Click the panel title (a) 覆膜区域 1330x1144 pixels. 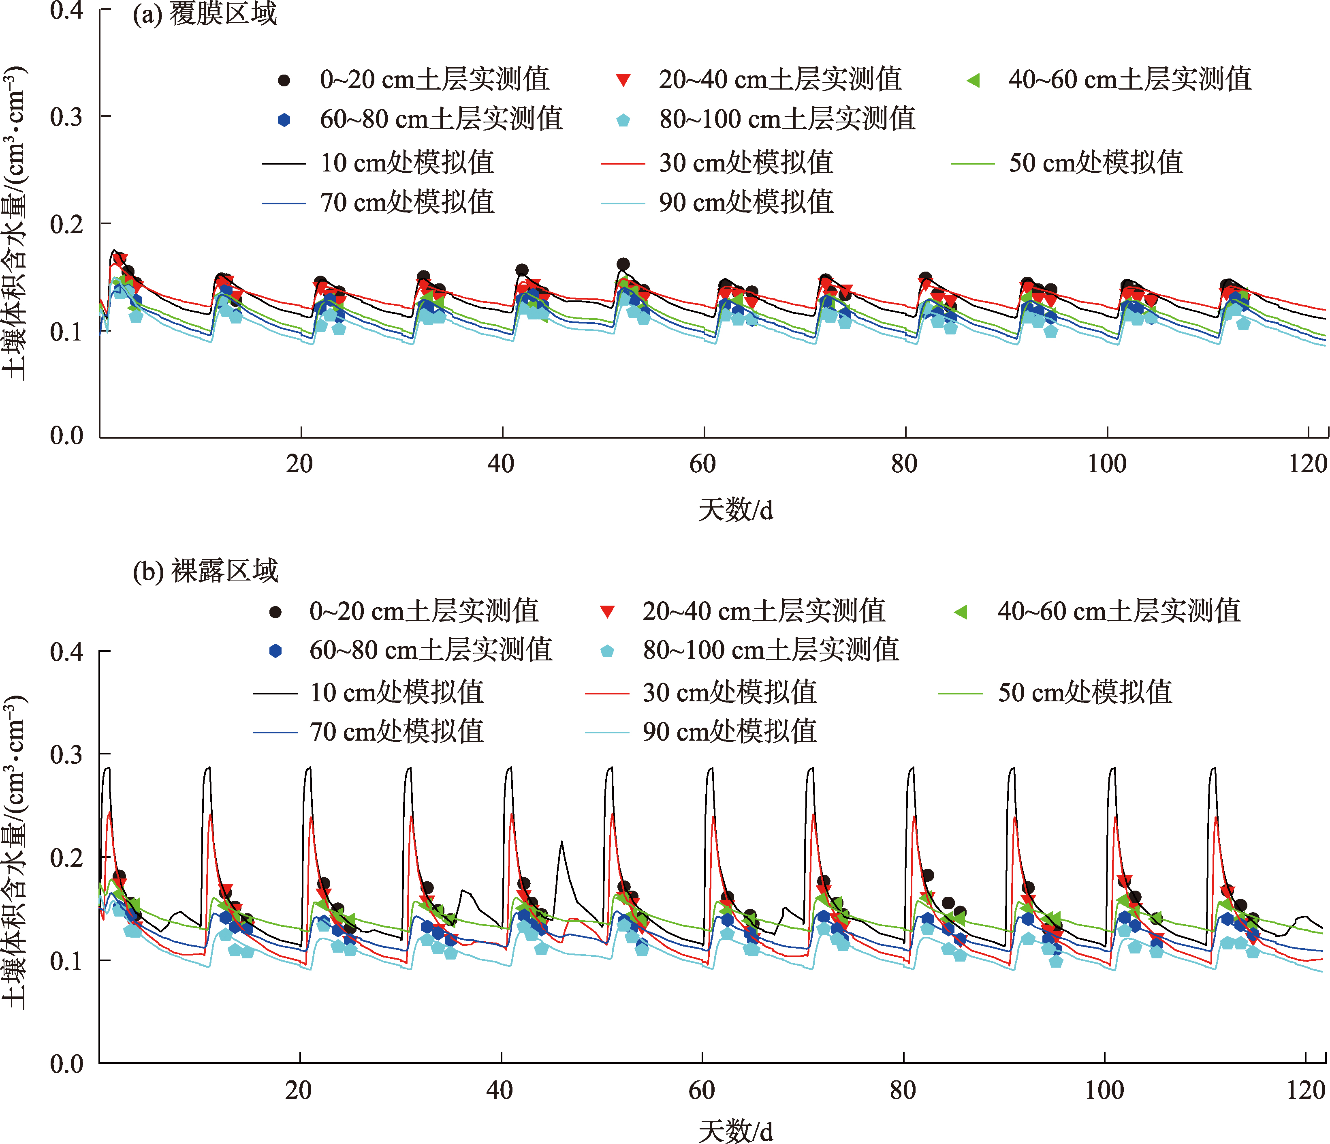tap(204, 14)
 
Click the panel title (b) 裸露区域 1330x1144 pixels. tap(205, 571)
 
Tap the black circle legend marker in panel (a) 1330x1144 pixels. tap(284, 80)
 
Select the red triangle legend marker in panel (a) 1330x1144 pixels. tap(623, 80)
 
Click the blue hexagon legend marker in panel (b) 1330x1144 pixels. tap(275, 651)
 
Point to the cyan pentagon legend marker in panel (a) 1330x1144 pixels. tap(623, 120)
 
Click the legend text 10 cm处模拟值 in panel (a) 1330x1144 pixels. tap(407, 163)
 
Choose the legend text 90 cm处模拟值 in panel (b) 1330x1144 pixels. tap(730, 732)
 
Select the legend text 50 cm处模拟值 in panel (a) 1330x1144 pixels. tap(1095, 163)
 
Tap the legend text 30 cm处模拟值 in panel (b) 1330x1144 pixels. tap(730, 692)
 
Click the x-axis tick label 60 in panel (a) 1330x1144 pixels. tap(703, 464)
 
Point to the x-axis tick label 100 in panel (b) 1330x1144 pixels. tap(1105, 1090)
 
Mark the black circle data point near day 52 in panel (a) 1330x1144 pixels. tap(623, 264)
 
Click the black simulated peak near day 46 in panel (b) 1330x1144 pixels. tap(561, 842)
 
